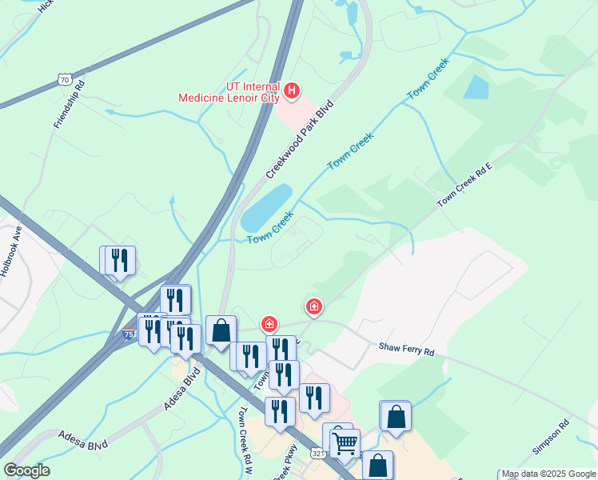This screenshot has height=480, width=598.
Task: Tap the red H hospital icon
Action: point(292,90)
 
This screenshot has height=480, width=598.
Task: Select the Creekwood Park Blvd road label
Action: point(299,139)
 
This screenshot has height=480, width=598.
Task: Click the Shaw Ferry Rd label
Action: point(406,350)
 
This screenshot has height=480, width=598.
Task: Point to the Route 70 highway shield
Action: point(66,79)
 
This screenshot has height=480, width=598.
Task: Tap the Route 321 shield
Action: point(318,454)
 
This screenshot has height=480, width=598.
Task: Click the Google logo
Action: point(26,470)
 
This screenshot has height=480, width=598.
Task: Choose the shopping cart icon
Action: point(345,442)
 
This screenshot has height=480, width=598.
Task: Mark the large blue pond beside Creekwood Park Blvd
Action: point(267,207)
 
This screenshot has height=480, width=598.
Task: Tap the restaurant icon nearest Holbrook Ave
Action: point(119,260)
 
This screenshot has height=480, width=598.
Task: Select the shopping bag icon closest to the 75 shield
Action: point(221,330)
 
